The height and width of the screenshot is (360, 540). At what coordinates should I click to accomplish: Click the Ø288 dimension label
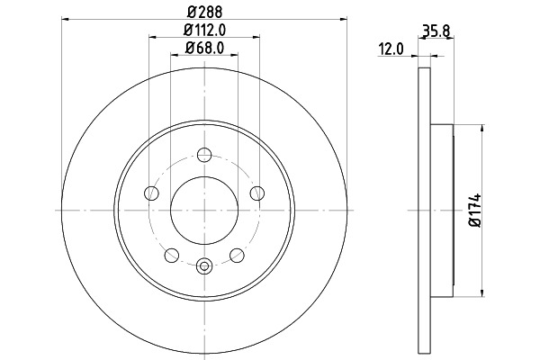(x=204, y=12)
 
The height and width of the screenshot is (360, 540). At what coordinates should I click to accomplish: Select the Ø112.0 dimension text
(x=204, y=30)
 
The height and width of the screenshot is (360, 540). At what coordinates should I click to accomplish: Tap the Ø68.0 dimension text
(x=204, y=48)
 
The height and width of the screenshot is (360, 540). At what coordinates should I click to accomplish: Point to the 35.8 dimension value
(x=436, y=31)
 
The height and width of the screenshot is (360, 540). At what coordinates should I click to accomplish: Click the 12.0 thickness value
(x=391, y=49)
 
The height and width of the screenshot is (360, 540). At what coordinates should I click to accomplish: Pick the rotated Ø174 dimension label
(x=474, y=210)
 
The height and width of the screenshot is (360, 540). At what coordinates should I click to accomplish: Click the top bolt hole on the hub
(x=204, y=155)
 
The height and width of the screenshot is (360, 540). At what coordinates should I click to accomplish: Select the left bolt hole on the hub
(x=151, y=193)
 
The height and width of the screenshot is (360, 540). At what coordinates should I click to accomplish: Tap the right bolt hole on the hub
(x=257, y=193)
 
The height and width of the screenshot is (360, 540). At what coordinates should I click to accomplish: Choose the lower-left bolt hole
(x=172, y=256)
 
